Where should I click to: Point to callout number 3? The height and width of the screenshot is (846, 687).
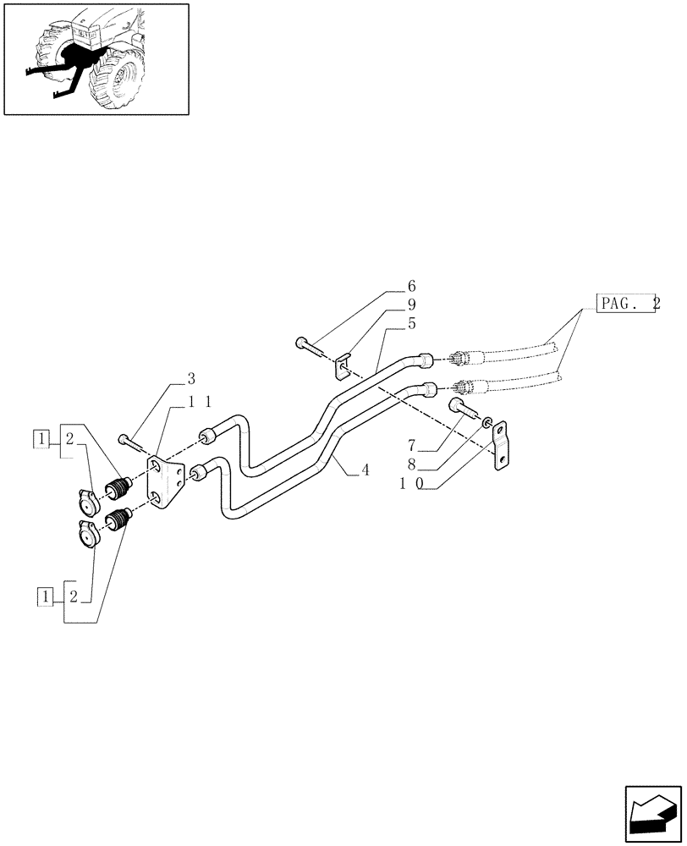point(191,378)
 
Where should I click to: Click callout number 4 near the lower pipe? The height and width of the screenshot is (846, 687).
point(365,470)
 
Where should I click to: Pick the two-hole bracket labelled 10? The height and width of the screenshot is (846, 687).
point(501,444)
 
